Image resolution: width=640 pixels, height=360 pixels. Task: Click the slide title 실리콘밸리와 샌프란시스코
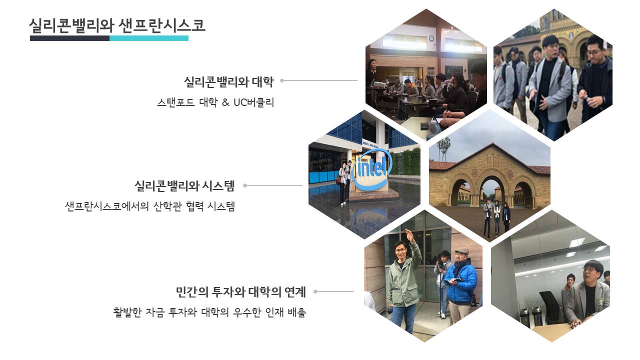[x=117, y=25]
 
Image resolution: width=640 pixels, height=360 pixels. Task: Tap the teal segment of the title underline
[x=149, y=38]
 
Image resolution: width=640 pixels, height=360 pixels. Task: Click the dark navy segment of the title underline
[x=69, y=38]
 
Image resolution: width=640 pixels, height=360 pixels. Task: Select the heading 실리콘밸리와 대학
[x=228, y=82]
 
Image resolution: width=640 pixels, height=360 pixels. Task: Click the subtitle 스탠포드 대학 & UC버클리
[x=215, y=102]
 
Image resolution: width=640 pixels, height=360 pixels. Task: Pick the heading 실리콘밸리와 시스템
[x=184, y=185]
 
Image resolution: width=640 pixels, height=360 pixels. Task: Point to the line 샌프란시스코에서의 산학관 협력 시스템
[x=149, y=206]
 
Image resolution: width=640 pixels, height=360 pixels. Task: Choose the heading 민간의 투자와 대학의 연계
[x=240, y=292]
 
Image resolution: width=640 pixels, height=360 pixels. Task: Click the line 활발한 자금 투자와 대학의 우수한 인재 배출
[x=209, y=312]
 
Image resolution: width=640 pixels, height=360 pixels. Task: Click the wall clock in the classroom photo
[x=431, y=38]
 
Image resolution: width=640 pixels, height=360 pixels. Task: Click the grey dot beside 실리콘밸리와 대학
[x=282, y=80]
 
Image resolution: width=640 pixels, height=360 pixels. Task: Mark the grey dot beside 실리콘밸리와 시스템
[x=245, y=185]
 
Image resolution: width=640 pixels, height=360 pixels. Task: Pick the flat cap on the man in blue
[x=461, y=251]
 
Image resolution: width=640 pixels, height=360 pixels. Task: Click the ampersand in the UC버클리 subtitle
[x=225, y=102]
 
